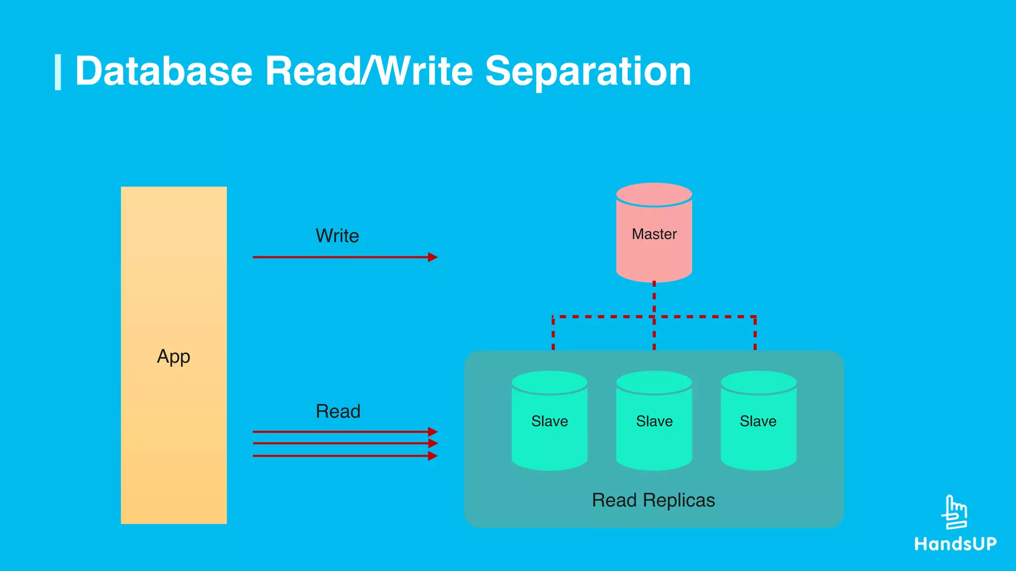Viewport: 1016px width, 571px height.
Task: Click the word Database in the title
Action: pyautogui.click(x=164, y=71)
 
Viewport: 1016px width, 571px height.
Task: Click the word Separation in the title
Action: pyautogui.click(x=588, y=71)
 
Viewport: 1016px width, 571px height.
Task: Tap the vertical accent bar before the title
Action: pyautogui.click(x=58, y=72)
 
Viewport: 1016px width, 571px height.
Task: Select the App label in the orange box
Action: pyautogui.click(x=174, y=356)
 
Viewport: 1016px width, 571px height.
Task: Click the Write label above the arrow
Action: pyautogui.click(x=337, y=235)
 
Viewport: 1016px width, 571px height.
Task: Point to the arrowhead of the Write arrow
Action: pyautogui.click(x=433, y=257)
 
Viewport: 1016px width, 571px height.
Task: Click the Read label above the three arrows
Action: pyautogui.click(x=338, y=411)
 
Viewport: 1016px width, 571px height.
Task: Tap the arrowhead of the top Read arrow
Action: pyautogui.click(x=433, y=432)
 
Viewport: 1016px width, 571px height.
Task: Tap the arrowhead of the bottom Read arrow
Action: pyautogui.click(x=433, y=456)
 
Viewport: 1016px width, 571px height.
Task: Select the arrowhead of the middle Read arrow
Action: pyautogui.click(x=433, y=443)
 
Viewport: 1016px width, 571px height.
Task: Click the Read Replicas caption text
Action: pyautogui.click(x=653, y=500)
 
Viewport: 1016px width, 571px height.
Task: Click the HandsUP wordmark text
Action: pyautogui.click(x=955, y=544)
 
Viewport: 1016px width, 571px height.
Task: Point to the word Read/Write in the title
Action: pyautogui.click(x=369, y=71)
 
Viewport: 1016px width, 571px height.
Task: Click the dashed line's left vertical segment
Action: pyautogui.click(x=553, y=334)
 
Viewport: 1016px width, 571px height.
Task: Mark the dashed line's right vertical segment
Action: pyautogui.click(x=755, y=334)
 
